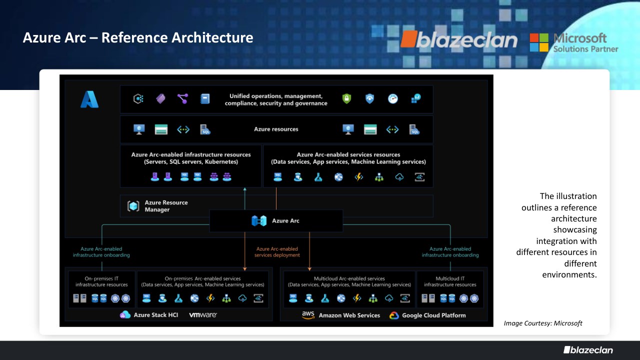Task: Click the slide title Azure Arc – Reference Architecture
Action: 138,37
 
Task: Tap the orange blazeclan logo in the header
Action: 459,39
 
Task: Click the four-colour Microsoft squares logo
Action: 539,42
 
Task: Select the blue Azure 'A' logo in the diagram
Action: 89,99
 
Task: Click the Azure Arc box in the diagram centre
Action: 276,220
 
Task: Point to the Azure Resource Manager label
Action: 166,206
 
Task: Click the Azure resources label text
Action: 276,129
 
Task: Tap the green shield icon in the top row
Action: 346,99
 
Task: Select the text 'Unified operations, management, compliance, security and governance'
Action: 276,99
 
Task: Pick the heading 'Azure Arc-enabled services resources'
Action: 348,154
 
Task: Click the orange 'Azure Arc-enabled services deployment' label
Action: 277,251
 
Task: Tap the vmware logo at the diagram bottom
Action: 203,315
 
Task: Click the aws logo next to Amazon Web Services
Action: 308,315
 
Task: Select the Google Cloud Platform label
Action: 433,315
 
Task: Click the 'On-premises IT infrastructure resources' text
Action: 101,281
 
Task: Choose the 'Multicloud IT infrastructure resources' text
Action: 450,281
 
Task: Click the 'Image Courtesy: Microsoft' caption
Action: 543,323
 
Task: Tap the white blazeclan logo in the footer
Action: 588,350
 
